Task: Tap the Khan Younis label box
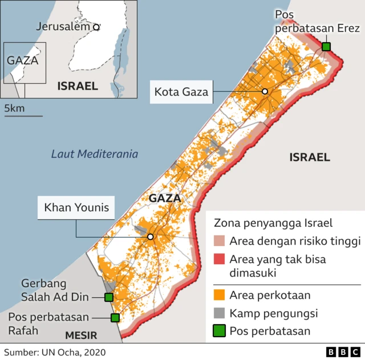point(76,207)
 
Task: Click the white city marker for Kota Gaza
point(265,92)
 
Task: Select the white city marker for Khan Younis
point(150,237)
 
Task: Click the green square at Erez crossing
point(326,47)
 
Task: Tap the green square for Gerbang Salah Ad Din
point(108,297)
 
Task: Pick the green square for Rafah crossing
point(115,318)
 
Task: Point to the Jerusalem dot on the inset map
point(96,27)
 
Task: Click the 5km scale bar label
point(15,108)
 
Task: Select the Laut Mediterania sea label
point(94,154)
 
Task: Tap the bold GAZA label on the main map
point(164,199)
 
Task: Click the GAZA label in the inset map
point(22,60)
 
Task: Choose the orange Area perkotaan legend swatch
point(219,295)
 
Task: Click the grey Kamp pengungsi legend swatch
point(219,313)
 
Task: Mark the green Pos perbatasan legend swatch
point(219,331)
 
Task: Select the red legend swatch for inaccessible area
point(219,260)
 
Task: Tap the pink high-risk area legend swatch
point(219,242)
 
